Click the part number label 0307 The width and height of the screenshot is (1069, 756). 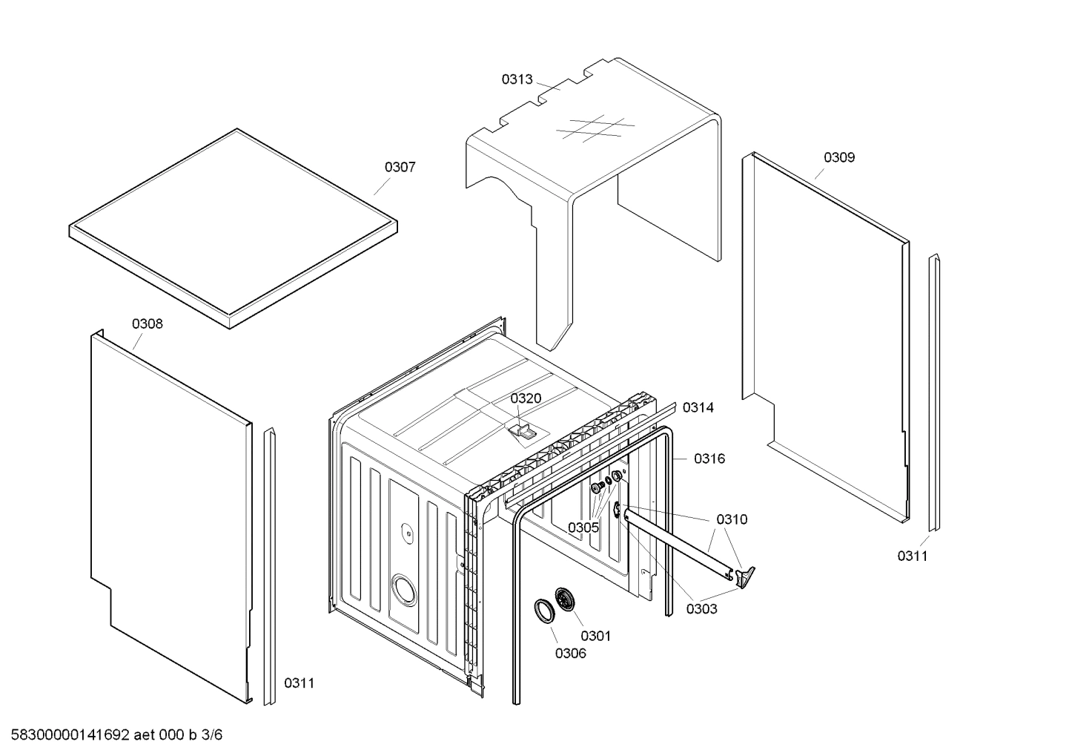click(400, 168)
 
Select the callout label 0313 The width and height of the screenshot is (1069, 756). click(517, 79)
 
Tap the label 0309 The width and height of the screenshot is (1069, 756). click(839, 157)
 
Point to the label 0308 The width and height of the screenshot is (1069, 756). click(148, 323)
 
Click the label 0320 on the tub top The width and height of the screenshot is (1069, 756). click(526, 398)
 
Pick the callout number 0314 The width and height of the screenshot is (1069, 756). click(698, 407)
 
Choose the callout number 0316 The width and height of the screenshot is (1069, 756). click(709, 458)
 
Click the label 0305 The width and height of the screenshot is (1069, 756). click(583, 527)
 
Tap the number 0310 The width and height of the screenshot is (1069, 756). click(732, 519)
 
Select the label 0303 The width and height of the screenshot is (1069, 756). click(701, 609)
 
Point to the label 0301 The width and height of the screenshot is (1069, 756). click(595, 636)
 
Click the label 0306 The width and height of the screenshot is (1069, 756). click(570, 653)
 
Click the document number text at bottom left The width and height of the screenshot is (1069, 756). click(112, 735)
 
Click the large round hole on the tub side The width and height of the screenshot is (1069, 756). click(404, 591)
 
